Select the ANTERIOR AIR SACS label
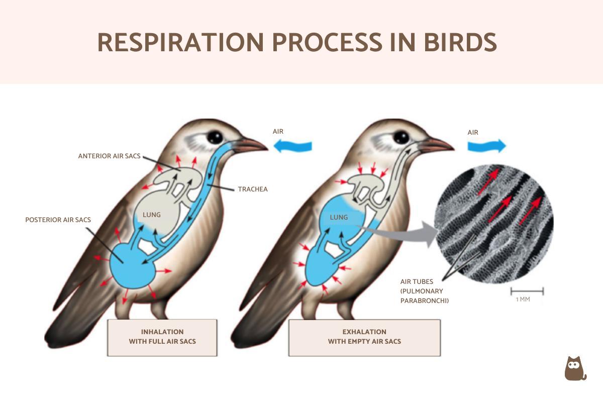109,156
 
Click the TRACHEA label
253,189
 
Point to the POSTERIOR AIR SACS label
58,220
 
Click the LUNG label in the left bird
151,215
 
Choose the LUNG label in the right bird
339,217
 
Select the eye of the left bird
215,137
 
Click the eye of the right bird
401,137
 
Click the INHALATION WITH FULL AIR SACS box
162,337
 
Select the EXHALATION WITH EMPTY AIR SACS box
364,337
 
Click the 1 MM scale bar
527,291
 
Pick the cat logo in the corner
575,369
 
